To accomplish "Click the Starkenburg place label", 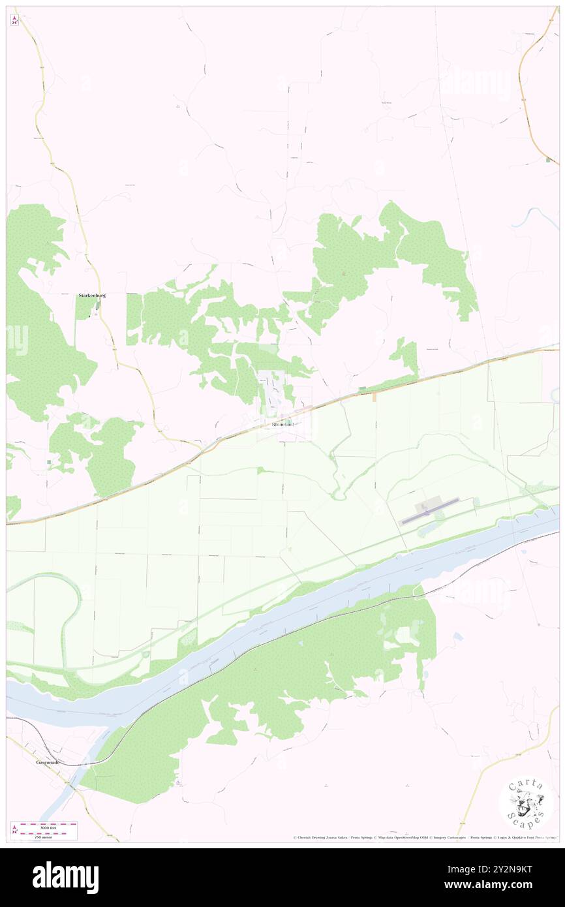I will [92, 295].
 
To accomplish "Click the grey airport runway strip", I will [431, 510].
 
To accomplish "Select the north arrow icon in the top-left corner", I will [15, 20].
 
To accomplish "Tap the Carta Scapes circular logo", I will [526, 802].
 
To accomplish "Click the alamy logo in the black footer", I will [65, 878].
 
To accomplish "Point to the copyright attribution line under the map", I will [424, 837].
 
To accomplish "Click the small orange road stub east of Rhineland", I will [374, 395].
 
